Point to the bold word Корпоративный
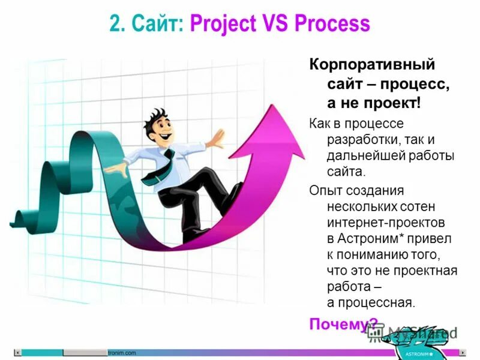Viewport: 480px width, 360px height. (371, 64)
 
